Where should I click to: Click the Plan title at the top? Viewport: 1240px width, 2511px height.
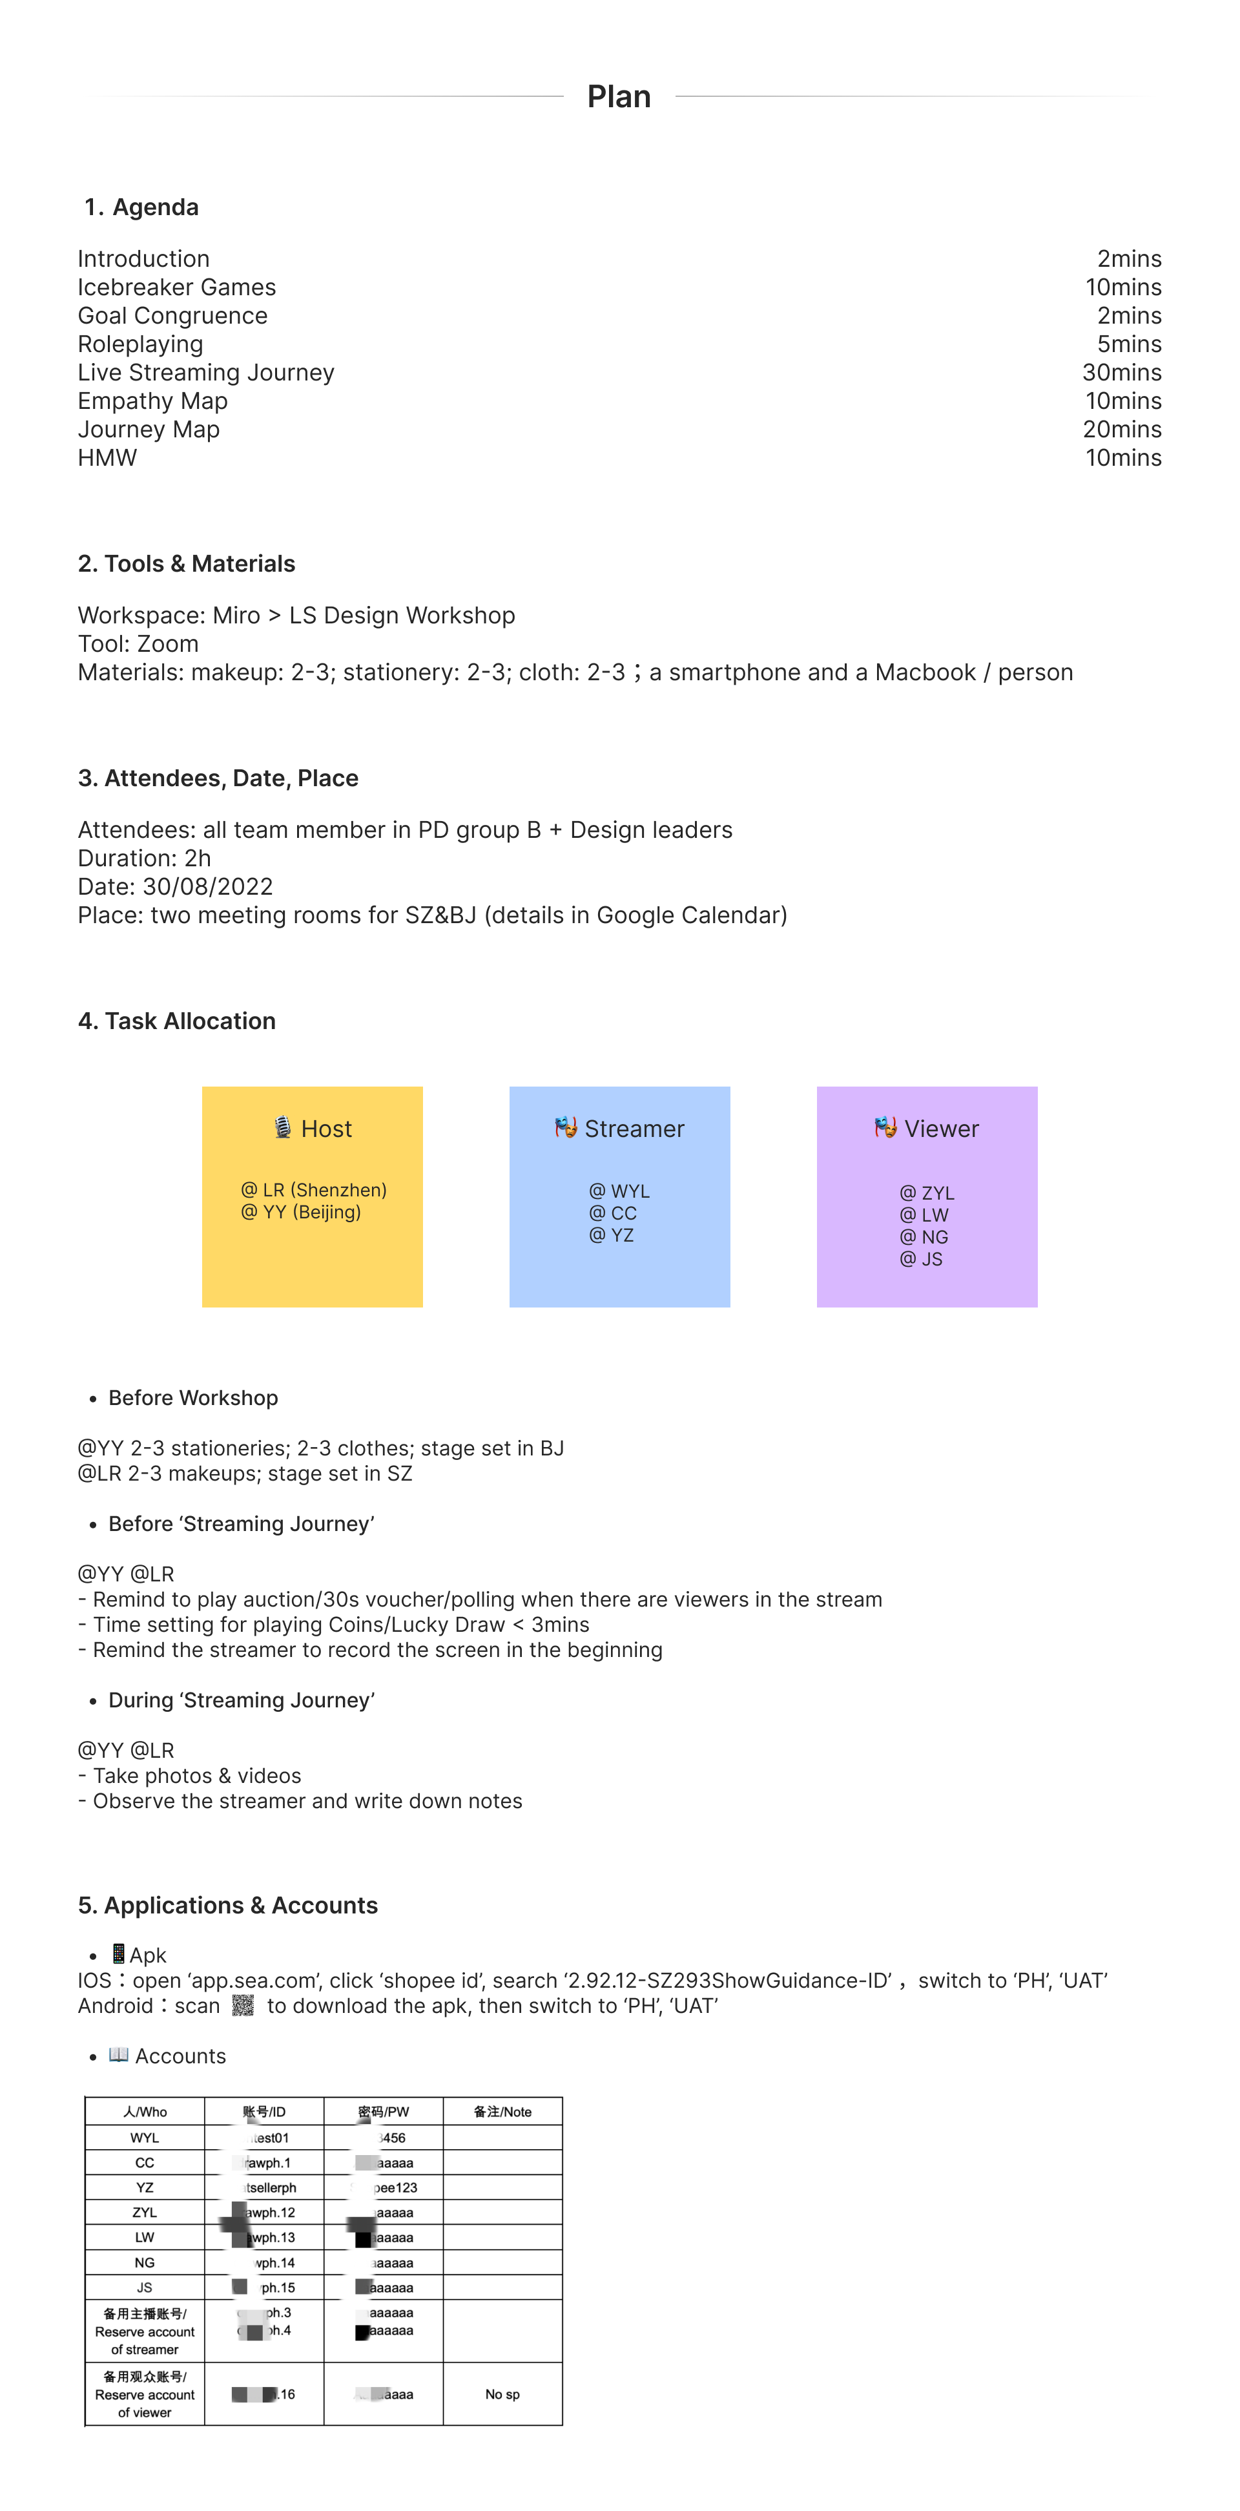coord(618,96)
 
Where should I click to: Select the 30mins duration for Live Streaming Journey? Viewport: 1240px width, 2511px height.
coord(1121,372)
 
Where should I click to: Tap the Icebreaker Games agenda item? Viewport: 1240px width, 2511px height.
coord(176,287)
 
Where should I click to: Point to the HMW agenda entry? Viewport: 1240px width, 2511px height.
coord(107,458)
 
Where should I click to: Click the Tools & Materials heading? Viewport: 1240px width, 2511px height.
coord(186,563)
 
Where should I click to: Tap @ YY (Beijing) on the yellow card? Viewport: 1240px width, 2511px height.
coord(300,1212)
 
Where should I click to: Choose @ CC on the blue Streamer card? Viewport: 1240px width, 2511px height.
coord(612,1213)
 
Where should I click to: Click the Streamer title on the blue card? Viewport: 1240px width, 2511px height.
coord(634,1129)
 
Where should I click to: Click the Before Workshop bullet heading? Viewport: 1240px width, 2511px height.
coord(193,1398)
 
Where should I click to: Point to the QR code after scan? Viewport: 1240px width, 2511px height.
coord(243,2005)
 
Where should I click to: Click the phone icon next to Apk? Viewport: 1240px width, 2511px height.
coord(118,1954)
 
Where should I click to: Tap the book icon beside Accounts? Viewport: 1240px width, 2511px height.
coord(118,2055)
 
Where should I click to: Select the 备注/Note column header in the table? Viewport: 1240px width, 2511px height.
coord(502,2111)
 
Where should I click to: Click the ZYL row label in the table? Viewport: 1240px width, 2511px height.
coord(144,2213)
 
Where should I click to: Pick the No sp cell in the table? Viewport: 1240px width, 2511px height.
coord(502,2394)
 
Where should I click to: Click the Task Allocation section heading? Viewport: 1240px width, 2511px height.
coord(176,1021)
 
